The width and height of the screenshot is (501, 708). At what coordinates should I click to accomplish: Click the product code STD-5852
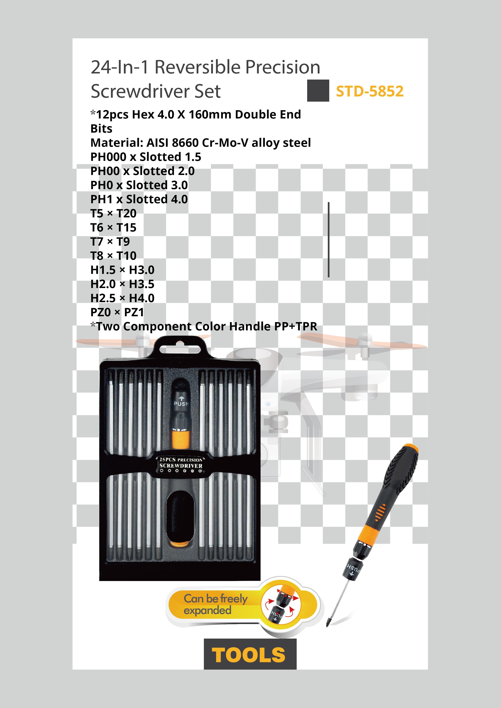pyautogui.click(x=369, y=91)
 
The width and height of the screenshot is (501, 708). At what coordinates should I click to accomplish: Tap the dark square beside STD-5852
pyautogui.click(x=318, y=91)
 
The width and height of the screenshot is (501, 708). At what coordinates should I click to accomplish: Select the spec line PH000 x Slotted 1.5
pyautogui.click(x=146, y=157)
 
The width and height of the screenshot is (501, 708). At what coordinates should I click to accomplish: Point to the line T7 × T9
pyautogui.click(x=110, y=242)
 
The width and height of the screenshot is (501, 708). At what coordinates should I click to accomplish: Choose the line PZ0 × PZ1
pyautogui.click(x=117, y=312)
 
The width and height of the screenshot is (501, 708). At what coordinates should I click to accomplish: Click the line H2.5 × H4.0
pyautogui.click(x=122, y=298)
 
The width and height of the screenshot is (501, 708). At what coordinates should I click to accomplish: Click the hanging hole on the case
pyautogui.click(x=181, y=349)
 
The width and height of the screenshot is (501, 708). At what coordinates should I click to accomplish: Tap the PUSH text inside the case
pyautogui.click(x=181, y=403)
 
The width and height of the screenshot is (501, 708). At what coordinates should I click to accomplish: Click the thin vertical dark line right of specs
pyautogui.click(x=329, y=240)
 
